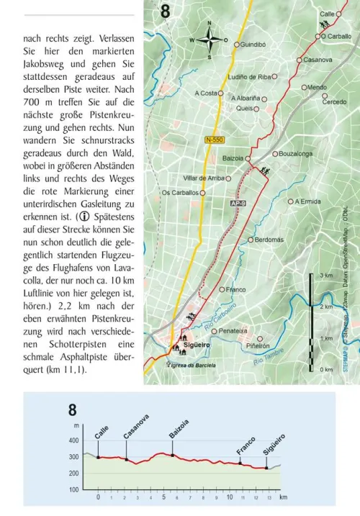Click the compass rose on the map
[x=210, y=40]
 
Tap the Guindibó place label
[x=254, y=44]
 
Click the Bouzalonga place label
[x=295, y=153]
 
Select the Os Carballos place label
[x=180, y=193]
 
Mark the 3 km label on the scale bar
[x=326, y=276]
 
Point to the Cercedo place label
[x=333, y=102]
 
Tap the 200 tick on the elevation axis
[x=75, y=473]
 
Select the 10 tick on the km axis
[x=228, y=497]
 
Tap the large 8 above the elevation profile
[x=72, y=411]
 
